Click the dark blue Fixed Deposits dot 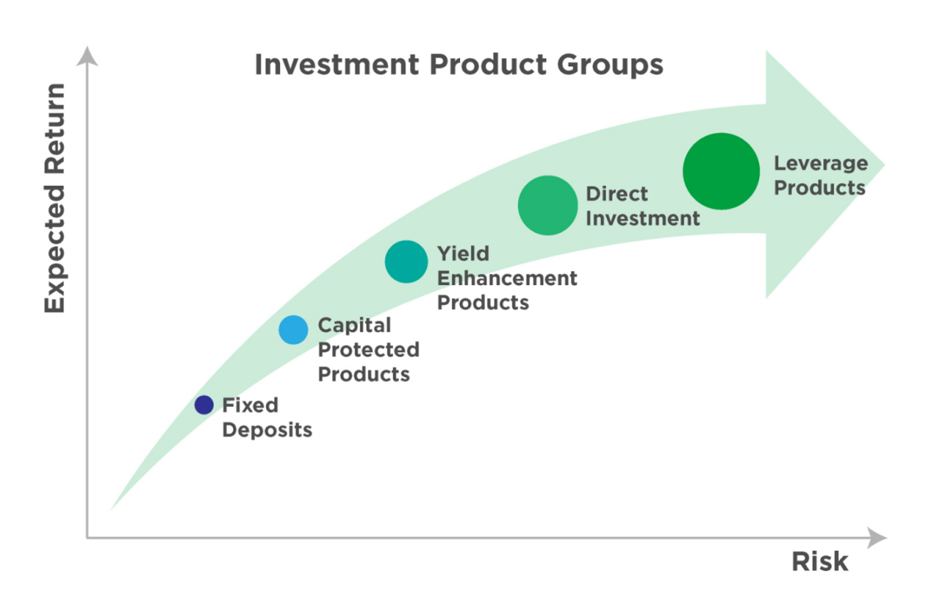pyautogui.click(x=204, y=405)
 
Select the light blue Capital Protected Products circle pyautogui.click(x=293, y=330)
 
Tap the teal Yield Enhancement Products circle pyautogui.click(x=405, y=262)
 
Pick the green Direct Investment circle pyautogui.click(x=547, y=205)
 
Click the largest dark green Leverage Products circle pyautogui.click(x=720, y=171)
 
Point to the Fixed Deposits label pyautogui.click(x=267, y=418)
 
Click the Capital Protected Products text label pyautogui.click(x=368, y=350)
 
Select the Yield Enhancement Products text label pyautogui.click(x=506, y=278)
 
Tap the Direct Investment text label pyautogui.click(x=642, y=206)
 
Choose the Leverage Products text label pyautogui.click(x=820, y=176)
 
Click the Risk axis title pyautogui.click(x=819, y=562)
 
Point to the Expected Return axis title pyautogui.click(x=54, y=198)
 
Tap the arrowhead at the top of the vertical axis pyautogui.click(x=87, y=56)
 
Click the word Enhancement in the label pyautogui.click(x=506, y=278)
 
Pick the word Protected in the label pyautogui.click(x=368, y=350)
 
